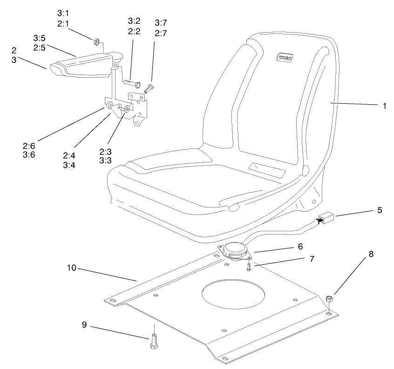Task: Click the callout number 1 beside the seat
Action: pos(385,106)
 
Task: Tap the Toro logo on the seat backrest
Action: pos(283,58)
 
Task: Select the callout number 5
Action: pos(380,210)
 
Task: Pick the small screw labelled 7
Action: pos(249,267)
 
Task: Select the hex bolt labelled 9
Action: pos(154,342)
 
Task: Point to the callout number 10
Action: pos(72,268)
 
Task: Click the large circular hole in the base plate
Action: pos(234,296)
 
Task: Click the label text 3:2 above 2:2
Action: pos(134,21)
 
